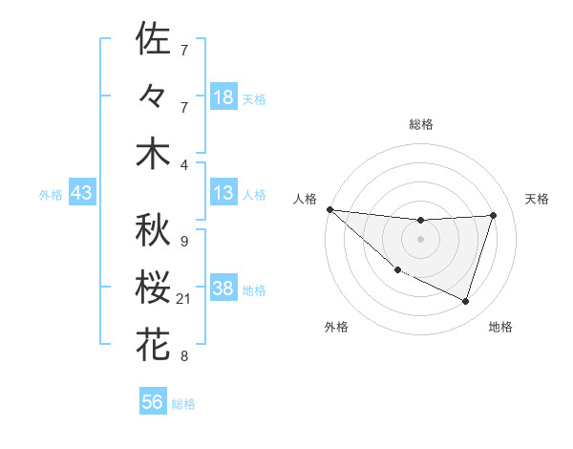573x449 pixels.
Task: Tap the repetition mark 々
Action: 153,97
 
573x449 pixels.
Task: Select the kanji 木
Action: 153,155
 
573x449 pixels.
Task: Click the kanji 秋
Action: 153,230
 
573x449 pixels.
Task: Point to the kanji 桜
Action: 153,289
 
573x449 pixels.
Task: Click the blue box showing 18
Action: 223,97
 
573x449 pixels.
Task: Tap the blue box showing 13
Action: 223,194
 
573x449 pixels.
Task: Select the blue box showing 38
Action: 223,289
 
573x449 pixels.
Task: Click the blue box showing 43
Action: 81,194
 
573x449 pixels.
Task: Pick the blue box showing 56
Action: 152,402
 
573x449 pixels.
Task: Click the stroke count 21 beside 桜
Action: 184,300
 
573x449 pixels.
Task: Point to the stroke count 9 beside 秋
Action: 183,242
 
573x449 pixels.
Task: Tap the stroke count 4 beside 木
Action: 183,166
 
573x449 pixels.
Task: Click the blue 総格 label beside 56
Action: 183,404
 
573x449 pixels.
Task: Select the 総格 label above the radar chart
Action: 420,124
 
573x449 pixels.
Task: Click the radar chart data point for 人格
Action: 329,209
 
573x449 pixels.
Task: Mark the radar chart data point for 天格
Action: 493,215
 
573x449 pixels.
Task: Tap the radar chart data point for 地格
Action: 465,301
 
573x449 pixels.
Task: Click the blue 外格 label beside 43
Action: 51,195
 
